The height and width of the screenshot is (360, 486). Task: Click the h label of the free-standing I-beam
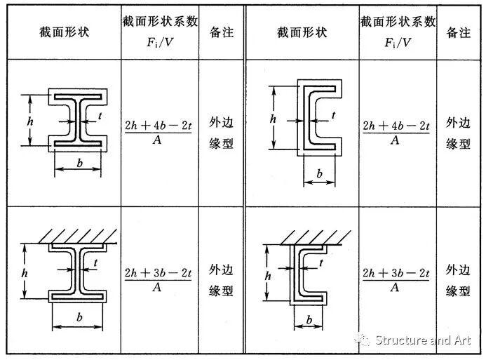pos(29,120)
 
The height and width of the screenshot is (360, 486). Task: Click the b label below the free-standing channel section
pos(320,173)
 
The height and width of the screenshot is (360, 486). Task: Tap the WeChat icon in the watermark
pos(363,340)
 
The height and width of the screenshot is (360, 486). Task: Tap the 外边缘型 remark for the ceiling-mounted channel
pos(459,280)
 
